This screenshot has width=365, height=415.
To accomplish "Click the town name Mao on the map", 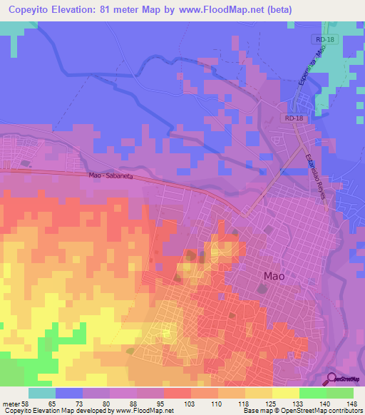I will [277, 275].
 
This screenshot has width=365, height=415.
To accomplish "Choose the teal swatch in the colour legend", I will [41, 393].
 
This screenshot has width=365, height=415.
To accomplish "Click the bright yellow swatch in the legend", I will [285, 393].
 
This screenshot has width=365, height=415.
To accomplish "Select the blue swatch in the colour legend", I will [68, 393].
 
